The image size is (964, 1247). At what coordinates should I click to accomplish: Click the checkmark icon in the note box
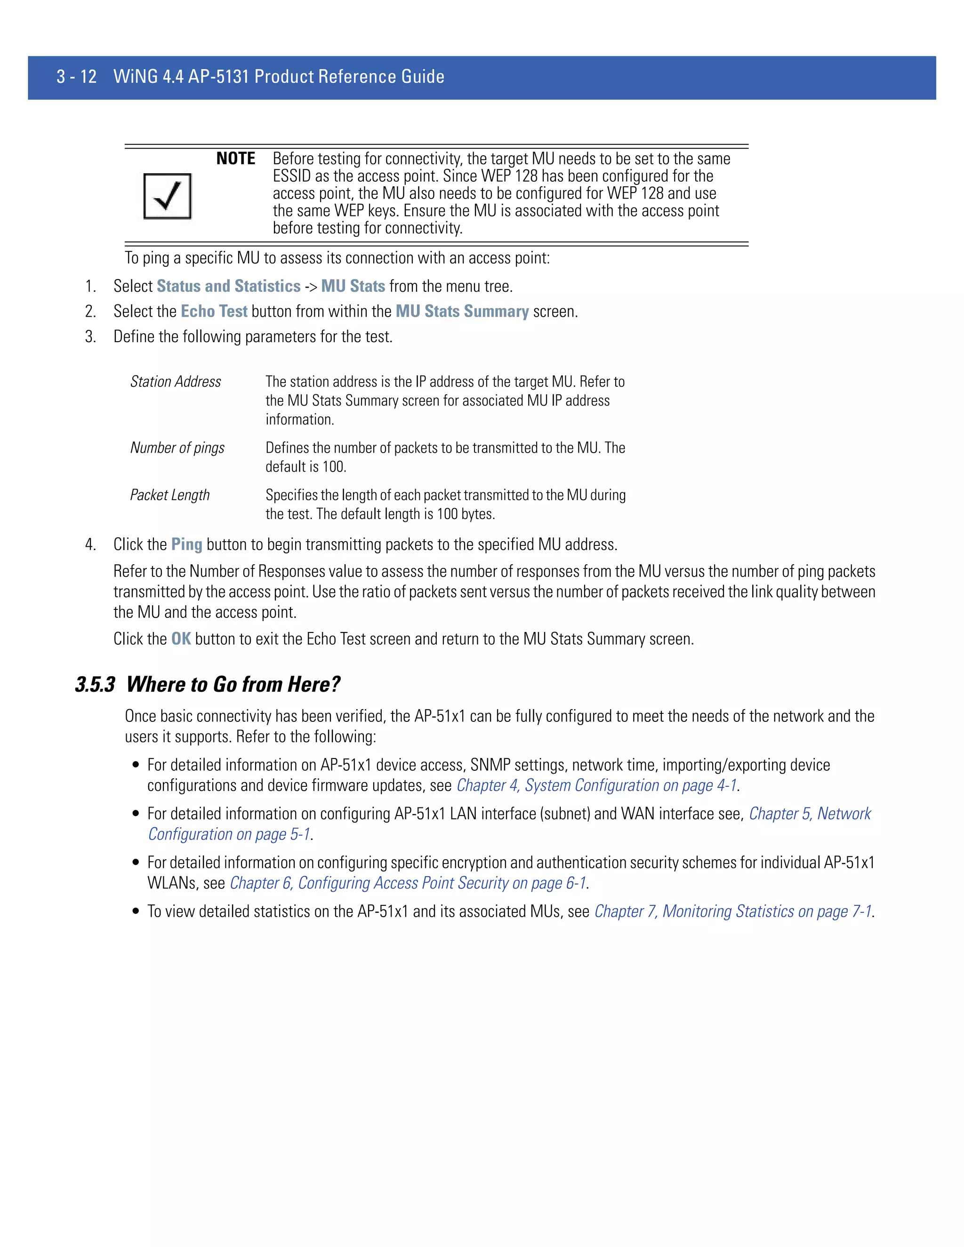(167, 196)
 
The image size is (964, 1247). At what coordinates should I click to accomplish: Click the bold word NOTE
(235, 159)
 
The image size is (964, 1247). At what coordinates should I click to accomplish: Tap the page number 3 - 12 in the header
(77, 77)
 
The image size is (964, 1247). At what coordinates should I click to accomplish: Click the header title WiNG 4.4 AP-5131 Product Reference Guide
(279, 77)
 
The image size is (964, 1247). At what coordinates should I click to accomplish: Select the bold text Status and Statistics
(228, 286)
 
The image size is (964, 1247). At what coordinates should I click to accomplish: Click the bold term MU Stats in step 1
(353, 286)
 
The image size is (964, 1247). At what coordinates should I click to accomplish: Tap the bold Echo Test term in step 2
(214, 311)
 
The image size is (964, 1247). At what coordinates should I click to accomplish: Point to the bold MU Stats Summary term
(462, 311)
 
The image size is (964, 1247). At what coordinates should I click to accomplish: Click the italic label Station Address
(175, 382)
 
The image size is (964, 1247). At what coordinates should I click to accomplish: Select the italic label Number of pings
(177, 448)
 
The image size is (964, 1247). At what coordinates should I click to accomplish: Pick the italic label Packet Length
(169, 495)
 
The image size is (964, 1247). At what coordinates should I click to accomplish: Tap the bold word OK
(181, 639)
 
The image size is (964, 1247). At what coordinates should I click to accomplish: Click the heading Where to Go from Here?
(233, 685)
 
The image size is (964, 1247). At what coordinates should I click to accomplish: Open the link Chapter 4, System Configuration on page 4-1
(596, 786)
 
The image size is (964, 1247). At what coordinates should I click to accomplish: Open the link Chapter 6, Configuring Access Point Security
(408, 883)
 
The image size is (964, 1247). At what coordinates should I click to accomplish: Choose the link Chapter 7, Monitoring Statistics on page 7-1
(733, 911)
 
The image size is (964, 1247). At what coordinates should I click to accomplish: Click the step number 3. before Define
(90, 337)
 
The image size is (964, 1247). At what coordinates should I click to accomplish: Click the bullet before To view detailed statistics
(136, 911)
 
